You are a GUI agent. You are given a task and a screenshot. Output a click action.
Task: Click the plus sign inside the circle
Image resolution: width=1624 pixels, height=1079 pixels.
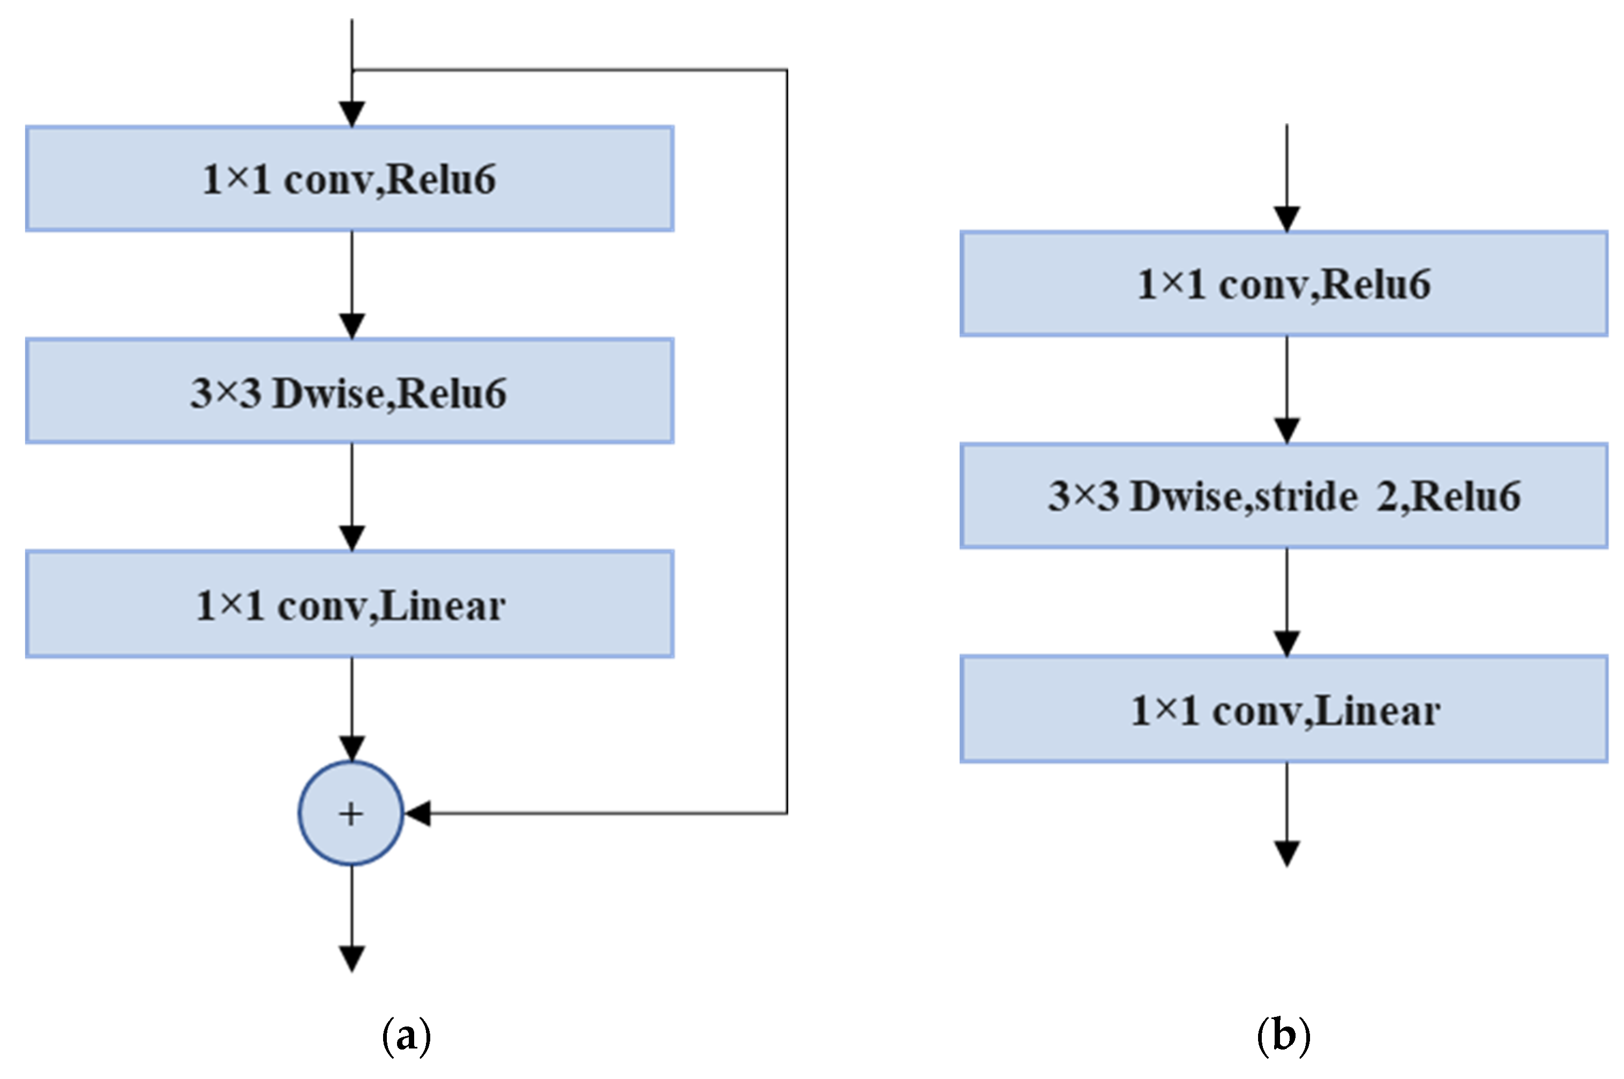point(351,814)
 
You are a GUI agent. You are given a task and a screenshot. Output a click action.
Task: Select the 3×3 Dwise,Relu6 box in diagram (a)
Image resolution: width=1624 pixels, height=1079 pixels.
point(350,391)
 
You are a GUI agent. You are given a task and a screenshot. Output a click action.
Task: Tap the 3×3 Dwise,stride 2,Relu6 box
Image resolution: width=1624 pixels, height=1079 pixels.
point(1283,495)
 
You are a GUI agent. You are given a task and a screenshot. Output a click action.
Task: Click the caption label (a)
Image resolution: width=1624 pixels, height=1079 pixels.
point(406,1036)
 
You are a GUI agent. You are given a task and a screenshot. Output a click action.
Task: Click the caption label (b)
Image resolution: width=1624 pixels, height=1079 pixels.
point(1283,1036)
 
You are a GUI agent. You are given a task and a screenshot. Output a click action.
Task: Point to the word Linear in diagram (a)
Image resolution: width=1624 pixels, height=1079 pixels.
point(442,606)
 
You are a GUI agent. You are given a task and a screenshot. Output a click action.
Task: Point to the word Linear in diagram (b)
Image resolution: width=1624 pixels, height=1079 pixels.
point(1377,711)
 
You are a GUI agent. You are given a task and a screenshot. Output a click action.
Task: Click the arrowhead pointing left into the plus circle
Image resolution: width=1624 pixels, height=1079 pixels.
point(417,813)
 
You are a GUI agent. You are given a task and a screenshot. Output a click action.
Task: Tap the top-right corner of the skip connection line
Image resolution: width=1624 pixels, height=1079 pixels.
point(787,70)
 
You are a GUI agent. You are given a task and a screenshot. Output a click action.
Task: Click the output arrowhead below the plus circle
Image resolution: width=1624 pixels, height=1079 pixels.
point(352,959)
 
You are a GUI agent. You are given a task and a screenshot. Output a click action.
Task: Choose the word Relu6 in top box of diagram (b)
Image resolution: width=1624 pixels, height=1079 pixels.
point(1375,284)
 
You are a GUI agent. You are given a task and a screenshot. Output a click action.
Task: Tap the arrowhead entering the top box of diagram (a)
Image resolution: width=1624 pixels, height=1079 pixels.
point(352,114)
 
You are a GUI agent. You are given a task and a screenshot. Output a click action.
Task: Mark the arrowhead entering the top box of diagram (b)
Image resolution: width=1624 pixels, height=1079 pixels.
point(1286,219)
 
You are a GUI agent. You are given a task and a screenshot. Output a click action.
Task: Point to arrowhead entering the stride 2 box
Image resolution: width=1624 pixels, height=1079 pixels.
point(1286,431)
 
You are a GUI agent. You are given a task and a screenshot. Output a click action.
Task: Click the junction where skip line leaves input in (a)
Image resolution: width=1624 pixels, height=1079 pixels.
point(352,70)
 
